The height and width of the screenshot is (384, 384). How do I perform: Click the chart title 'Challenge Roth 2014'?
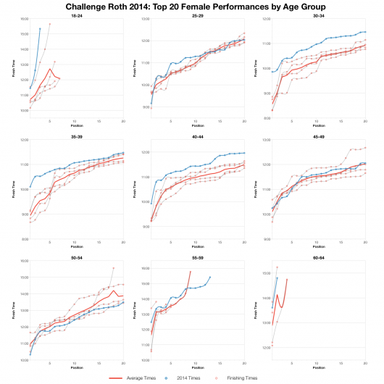192,6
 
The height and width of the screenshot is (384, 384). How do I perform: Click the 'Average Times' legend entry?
134,377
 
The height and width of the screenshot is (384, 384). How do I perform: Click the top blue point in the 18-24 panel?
40,29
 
